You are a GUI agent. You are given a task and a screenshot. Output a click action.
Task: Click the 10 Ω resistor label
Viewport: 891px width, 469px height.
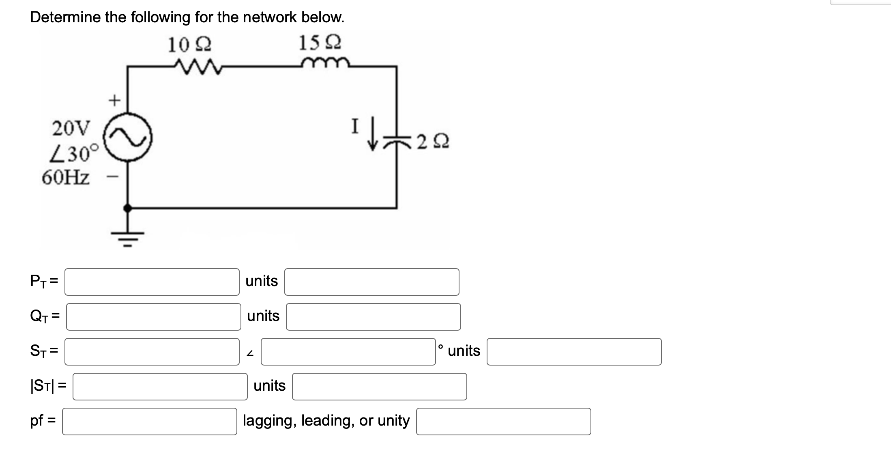tap(189, 44)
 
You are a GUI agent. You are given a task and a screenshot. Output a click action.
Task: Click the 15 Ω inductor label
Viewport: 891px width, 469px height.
tap(320, 43)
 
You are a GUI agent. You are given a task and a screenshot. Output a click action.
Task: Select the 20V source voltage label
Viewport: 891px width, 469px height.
tap(72, 128)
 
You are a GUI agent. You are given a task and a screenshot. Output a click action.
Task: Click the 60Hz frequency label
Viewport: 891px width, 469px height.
tap(66, 177)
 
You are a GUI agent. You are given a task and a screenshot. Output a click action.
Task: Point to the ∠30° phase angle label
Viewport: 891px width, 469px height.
tap(74, 153)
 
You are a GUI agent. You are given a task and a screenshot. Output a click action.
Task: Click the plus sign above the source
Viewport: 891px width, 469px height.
tap(115, 100)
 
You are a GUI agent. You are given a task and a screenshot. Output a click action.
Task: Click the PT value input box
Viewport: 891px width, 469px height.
tap(152, 282)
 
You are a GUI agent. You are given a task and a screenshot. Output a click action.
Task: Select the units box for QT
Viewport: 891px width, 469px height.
tap(373, 316)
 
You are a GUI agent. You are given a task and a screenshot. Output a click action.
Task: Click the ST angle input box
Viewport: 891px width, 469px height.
tap(348, 351)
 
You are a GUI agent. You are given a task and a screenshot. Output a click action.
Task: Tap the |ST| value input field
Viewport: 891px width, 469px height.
tap(160, 386)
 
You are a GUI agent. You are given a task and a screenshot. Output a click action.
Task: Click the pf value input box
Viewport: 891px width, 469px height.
tap(149, 421)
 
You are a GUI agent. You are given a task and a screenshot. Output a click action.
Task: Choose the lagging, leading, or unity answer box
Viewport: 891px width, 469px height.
tap(503, 421)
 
